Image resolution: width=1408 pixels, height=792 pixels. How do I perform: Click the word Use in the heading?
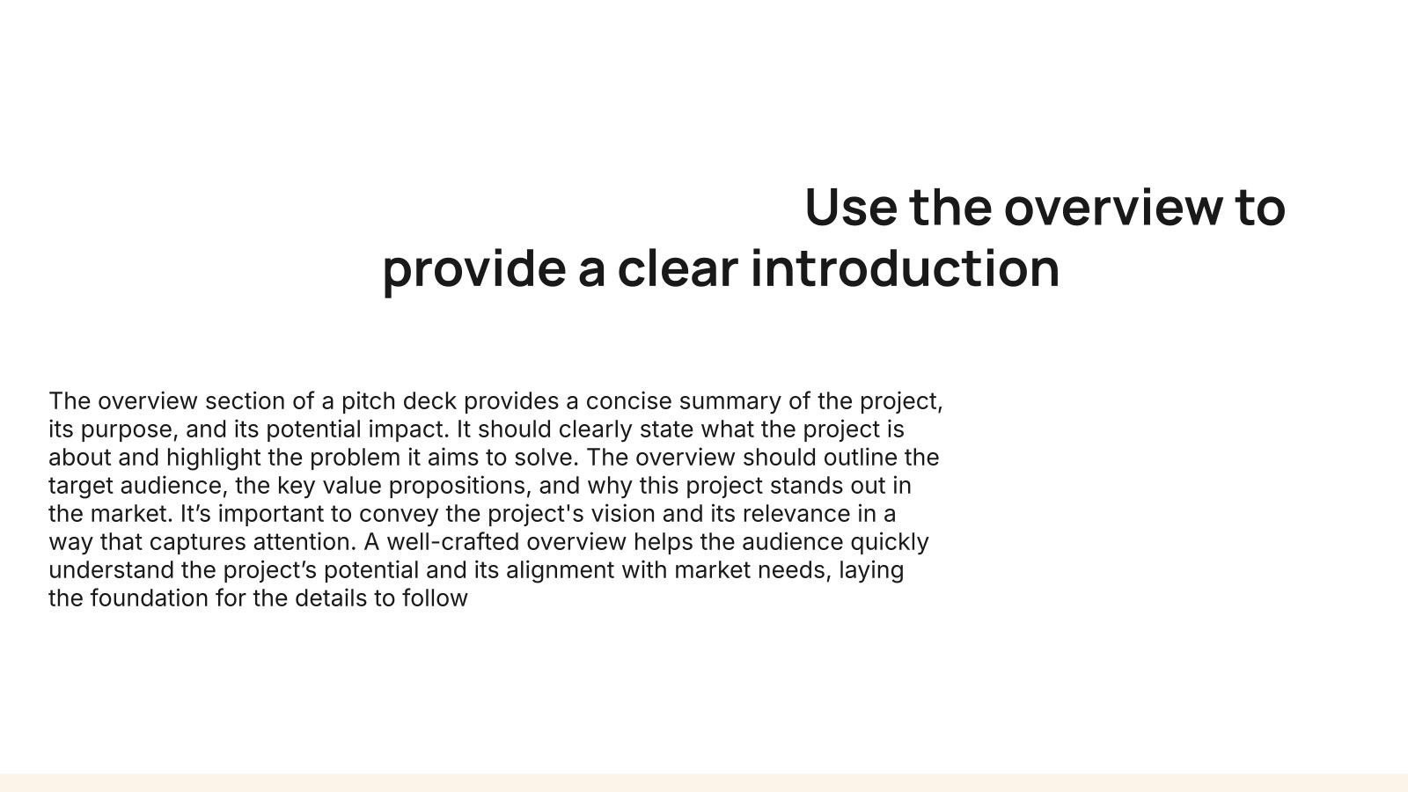point(851,208)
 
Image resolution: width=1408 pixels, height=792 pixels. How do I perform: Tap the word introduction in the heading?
point(906,268)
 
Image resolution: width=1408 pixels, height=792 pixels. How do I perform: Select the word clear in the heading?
point(678,268)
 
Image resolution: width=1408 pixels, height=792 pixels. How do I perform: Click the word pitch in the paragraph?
point(369,401)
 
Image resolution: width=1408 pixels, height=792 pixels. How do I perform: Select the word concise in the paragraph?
point(628,401)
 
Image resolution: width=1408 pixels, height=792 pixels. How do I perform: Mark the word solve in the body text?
point(546,458)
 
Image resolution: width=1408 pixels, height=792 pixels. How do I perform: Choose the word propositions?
point(460,487)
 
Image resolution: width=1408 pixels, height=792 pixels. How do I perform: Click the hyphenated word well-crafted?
point(452,542)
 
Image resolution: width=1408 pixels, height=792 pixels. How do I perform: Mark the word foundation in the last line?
point(149,598)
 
